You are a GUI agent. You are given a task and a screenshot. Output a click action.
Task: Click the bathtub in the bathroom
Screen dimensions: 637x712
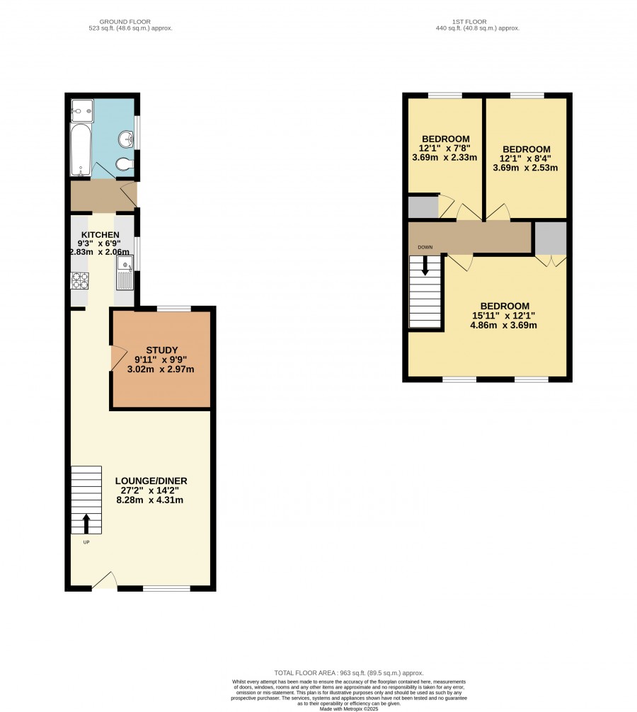point(81,150)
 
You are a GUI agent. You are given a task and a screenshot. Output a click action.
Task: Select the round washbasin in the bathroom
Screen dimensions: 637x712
point(126,139)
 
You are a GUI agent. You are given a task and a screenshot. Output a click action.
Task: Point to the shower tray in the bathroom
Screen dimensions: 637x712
point(82,111)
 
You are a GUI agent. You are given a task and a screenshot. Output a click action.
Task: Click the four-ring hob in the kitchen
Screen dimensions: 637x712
point(80,280)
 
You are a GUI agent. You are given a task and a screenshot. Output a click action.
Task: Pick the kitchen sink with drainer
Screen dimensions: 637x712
point(125,272)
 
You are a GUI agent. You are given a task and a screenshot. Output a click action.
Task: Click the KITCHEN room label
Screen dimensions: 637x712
point(101,235)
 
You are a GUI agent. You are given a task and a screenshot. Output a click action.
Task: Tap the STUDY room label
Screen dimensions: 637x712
point(161,350)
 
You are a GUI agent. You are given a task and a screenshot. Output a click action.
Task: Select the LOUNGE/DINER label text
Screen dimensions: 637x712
point(151,481)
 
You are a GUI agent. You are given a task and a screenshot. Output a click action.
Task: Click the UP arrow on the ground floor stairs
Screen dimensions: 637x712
point(86,524)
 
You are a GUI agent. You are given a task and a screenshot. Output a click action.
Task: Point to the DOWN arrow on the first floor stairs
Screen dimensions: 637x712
point(425,265)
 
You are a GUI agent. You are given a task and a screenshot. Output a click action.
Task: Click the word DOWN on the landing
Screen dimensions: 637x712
point(425,248)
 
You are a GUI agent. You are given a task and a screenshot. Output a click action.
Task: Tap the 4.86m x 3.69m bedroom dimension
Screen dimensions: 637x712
point(503,325)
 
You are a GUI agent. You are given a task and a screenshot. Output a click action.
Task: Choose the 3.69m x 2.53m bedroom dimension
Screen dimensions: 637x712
point(525,168)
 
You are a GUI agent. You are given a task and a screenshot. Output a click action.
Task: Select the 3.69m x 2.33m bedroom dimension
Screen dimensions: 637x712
point(444,158)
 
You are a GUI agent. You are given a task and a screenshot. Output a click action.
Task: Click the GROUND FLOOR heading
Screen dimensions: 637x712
point(125,21)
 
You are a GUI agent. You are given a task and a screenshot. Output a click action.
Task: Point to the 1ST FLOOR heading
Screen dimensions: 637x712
point(469,21)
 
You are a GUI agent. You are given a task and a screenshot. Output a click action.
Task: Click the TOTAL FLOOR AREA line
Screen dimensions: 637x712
point(349,673)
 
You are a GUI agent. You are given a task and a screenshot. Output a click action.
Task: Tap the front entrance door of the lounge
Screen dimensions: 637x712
point(105,581)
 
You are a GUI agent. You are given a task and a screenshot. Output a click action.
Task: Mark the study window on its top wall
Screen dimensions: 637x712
point(174,309)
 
